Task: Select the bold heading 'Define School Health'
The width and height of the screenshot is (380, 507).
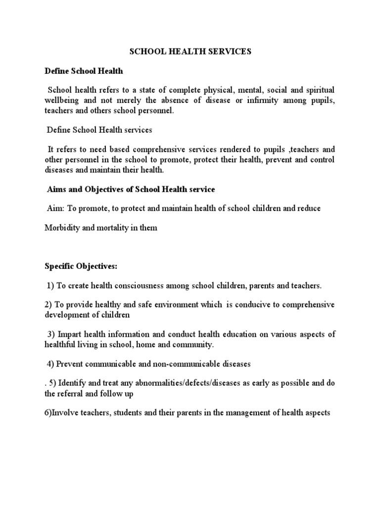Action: tap(84, 71)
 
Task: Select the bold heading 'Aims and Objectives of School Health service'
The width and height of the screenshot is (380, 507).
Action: tap(131, 189)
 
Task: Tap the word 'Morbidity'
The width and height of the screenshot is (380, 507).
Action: tap(61, 228)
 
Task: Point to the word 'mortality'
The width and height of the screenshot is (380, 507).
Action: tap(110, 228)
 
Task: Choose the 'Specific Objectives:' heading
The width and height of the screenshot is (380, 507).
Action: tap(81, 266)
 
